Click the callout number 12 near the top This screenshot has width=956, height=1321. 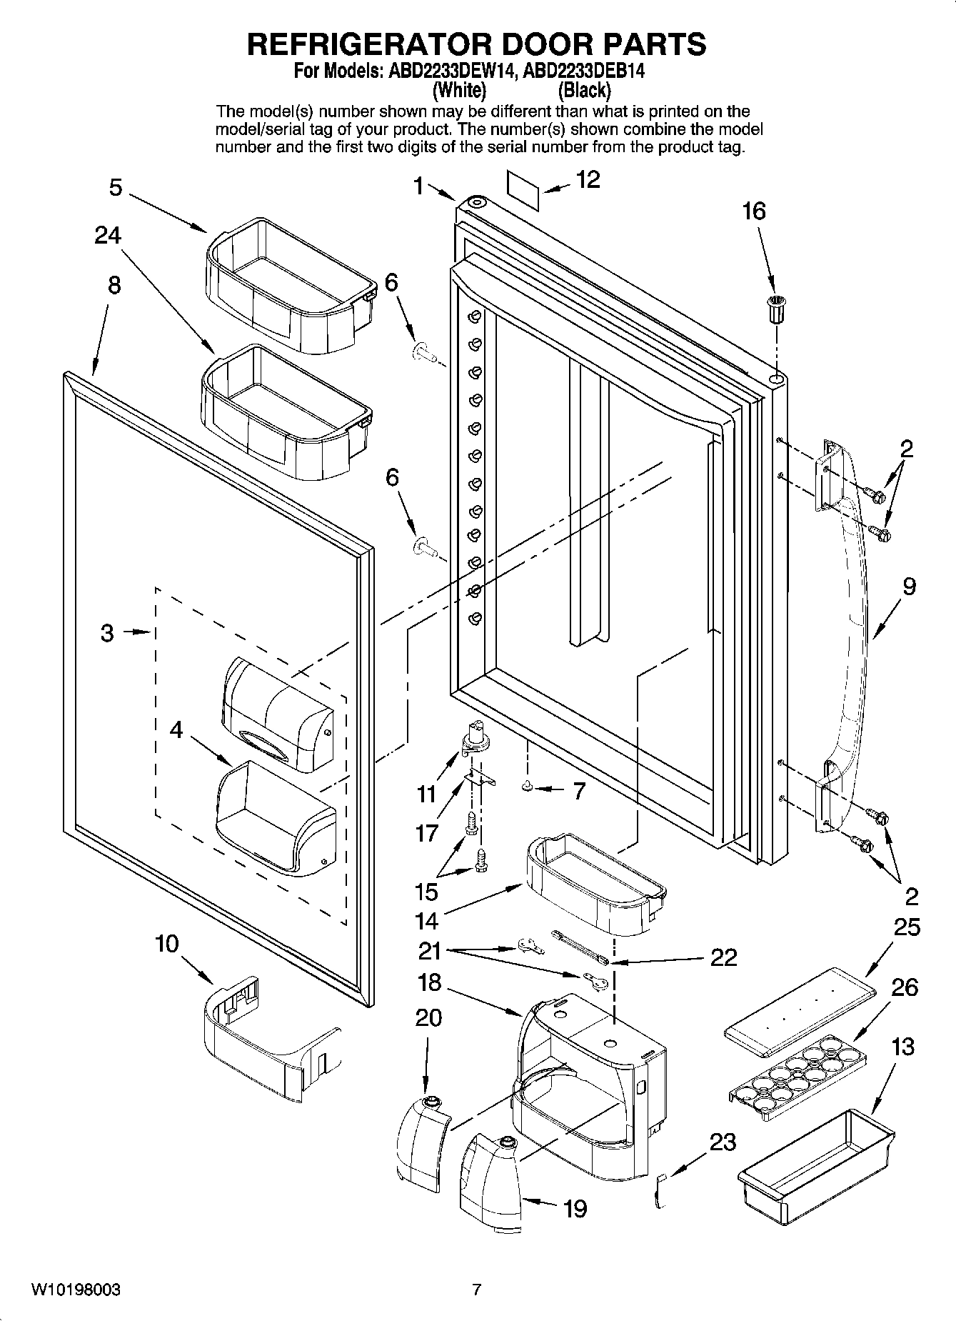click(x=588, y=180)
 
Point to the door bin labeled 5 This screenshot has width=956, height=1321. click(x=289, y=286)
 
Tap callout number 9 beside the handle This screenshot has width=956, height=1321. click(x=909, y=587)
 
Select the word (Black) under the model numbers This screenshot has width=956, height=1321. click(x=584, y=91)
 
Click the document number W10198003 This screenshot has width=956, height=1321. click(x=75, y=1290)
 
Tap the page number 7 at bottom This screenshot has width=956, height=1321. click(x=477, y=1290)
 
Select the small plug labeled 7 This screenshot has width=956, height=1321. click(x=528, y=787)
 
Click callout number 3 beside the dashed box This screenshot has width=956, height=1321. click(x=107, y=632)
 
